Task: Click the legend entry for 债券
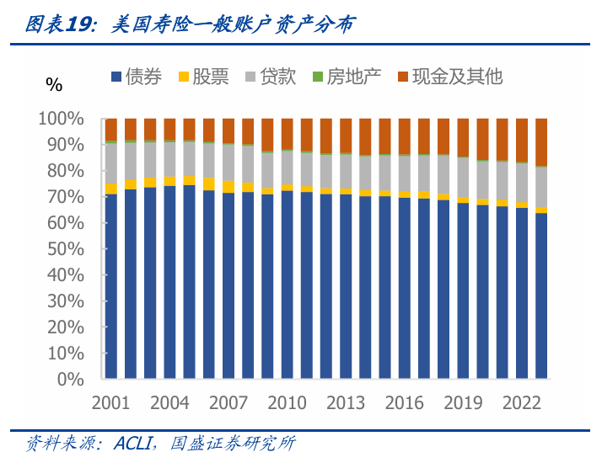136,77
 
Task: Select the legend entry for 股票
203,77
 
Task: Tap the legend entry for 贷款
270,77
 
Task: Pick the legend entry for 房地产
346,77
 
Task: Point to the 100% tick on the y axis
62,120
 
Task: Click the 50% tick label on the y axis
65,249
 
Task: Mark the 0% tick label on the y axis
71,380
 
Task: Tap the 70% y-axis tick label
65,197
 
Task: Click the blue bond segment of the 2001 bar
111,286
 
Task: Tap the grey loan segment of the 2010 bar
288,168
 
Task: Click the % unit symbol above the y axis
54,84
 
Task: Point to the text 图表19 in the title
56,25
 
